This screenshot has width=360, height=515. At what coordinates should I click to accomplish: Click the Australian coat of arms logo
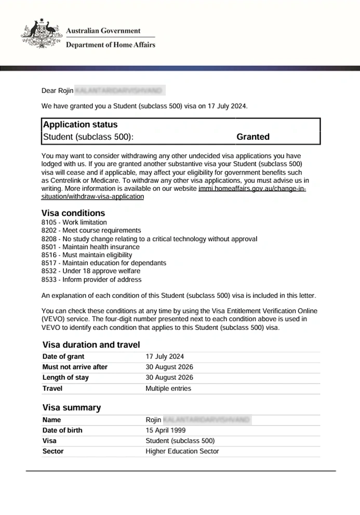pos(38,34)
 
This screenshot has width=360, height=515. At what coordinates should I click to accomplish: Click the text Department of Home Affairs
pos(110,45)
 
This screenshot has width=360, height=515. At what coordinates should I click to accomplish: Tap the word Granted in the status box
pos(253,137)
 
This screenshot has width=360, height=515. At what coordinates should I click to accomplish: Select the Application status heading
pos(81,125)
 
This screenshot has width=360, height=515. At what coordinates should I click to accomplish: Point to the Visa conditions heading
pos(73,213)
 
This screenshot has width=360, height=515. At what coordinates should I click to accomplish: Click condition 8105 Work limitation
pos(74,222)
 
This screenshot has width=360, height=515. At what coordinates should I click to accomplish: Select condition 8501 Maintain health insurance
pos(90,247)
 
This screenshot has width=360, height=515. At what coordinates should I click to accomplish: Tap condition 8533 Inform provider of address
pos(91,280)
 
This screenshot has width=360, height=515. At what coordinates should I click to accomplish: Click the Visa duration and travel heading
pos(91,345)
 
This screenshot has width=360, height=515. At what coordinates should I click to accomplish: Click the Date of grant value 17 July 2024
pos(165,356)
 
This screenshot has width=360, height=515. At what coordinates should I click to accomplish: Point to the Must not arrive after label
pos(75,367)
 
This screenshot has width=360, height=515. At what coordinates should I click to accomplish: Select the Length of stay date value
pos(169,378)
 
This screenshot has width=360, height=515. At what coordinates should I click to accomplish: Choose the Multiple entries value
pos(168,388)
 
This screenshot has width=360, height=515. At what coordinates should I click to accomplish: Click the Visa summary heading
pos(72,408)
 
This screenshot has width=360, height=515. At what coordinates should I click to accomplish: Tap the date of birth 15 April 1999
pos(166,430)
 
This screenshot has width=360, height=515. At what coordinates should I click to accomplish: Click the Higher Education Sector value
pos(182,451)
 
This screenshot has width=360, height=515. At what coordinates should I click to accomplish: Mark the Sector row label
pos(53,451)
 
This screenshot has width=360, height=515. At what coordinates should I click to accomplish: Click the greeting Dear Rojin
pos(57,91)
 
